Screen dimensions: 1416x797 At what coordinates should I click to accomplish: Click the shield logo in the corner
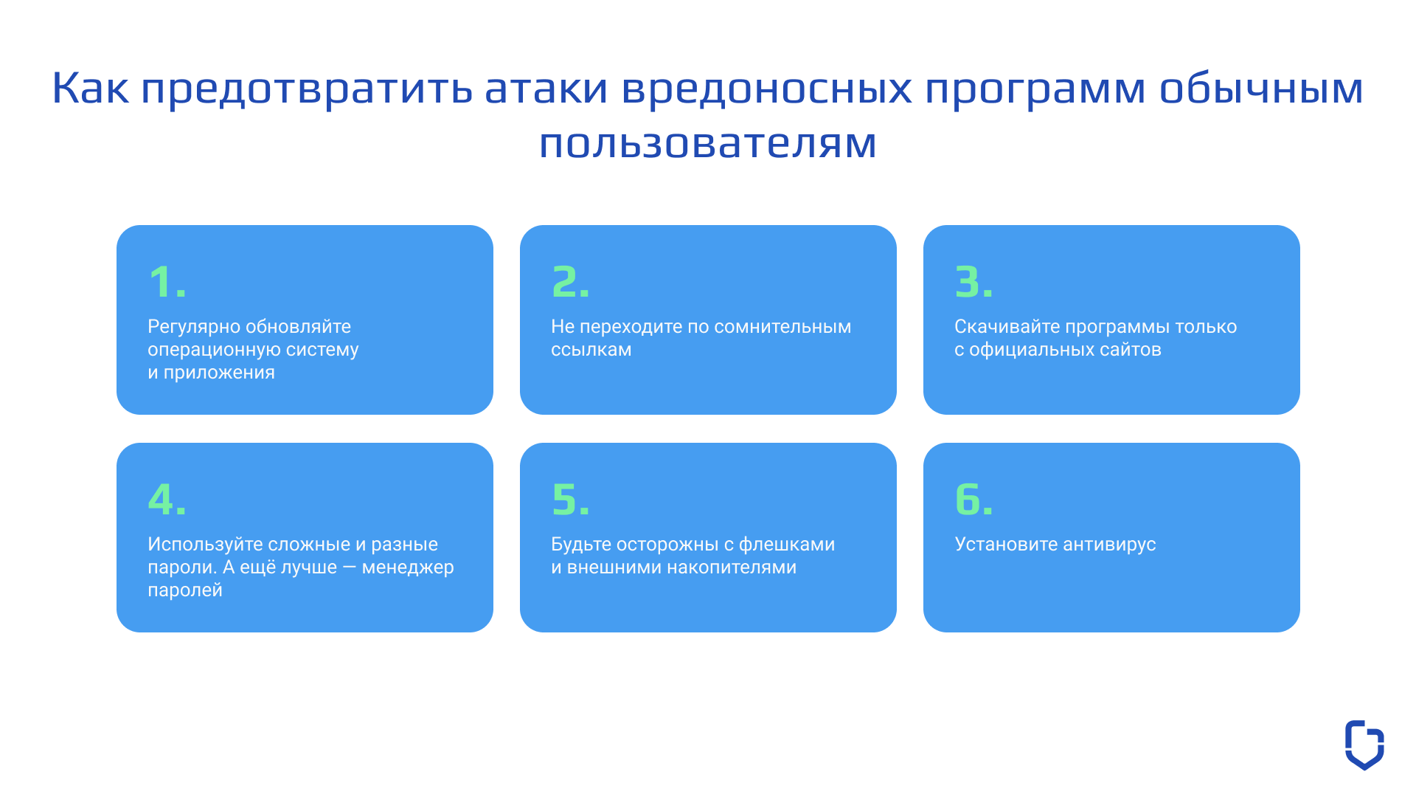[1364, 745]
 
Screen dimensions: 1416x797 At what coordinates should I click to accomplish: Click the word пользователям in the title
[708, 143]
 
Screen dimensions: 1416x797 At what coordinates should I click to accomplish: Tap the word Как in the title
[90, 88]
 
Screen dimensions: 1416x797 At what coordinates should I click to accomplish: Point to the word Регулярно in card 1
[194, 327]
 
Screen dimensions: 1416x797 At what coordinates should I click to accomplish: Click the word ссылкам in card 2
[591, 350]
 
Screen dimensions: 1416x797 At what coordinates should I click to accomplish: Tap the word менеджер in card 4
[408, 567]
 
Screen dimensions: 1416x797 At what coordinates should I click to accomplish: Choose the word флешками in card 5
[787, 545]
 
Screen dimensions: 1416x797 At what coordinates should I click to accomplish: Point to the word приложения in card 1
[219, 373]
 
